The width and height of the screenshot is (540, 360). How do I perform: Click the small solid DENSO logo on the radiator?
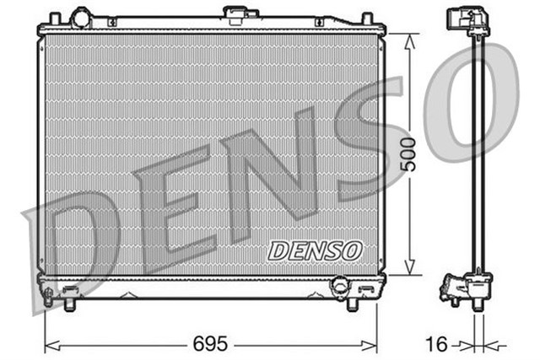[315, 250]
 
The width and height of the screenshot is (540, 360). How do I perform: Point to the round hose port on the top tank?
[81, 17]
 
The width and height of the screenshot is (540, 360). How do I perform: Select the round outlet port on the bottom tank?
[342, 286]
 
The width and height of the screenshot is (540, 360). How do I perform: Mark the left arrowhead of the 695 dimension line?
[47, 344]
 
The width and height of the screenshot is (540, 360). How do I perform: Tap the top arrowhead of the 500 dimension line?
[411, 38]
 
